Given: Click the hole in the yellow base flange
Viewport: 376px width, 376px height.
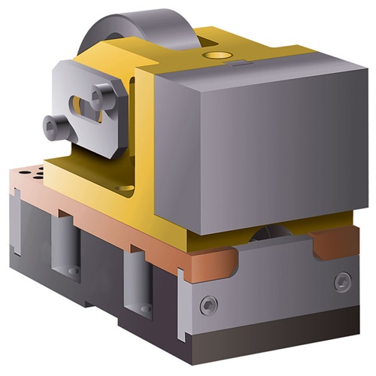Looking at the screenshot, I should click(x=124, y=188).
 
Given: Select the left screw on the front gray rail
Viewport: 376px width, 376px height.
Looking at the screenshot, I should click(x=208, y=305).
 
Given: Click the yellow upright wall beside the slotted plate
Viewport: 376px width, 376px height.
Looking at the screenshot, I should click(x=143, y=135).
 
